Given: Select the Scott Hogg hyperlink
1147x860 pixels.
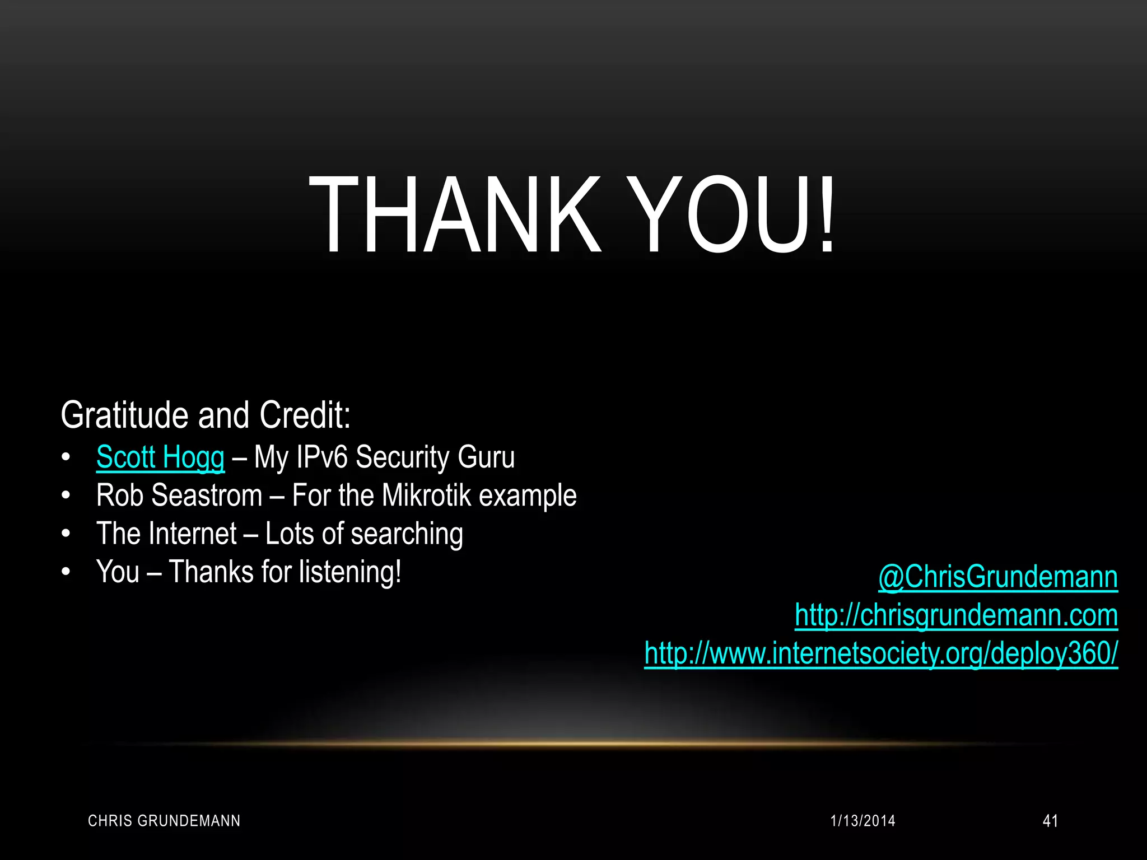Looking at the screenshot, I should tap(160, 457).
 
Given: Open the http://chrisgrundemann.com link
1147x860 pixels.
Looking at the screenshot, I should tap(956, 615).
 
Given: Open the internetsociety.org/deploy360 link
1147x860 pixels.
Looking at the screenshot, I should tap(881, 653).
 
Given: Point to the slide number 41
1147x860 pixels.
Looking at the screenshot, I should tap(1050, 821).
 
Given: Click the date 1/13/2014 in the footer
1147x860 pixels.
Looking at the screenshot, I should tap(862, 821).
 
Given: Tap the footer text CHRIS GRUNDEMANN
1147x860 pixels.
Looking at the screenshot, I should tap(164, 821).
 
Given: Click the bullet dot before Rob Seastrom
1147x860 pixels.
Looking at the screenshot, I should tap(66, 496).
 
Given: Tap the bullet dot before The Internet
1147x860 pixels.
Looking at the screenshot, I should tap(66, 534).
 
